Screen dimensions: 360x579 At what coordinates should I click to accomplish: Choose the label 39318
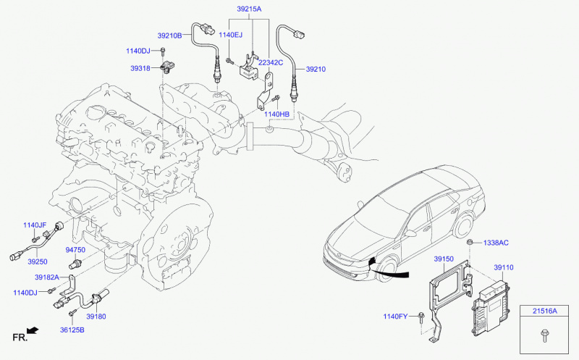coord(140,68)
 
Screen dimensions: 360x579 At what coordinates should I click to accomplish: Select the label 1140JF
coord(34,225)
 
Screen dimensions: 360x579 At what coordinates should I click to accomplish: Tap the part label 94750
coord(75,250)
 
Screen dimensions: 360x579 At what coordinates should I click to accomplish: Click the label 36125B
coord(72,330)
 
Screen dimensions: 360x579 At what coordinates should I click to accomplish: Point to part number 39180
coord(96,317)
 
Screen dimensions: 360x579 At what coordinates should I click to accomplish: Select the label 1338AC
coord(496,242)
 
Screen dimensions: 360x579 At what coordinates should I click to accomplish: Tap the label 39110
coord(504,267)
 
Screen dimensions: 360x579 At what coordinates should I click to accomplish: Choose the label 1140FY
coord(397,317)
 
